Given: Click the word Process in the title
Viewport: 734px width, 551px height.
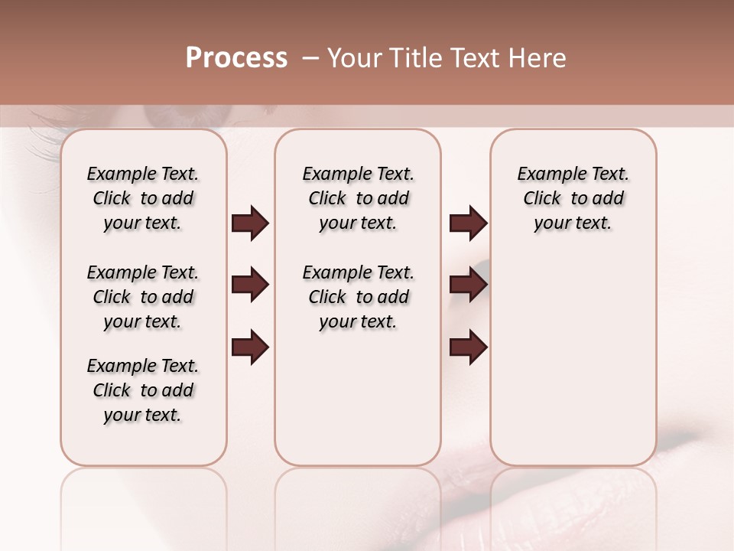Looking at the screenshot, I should (x=236, y=58).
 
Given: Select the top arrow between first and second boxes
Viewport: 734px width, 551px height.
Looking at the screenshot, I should (x=250, y=223).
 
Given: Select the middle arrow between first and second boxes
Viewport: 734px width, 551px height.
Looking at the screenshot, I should (x=250, y=285).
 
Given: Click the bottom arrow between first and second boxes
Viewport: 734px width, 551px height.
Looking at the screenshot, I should (x=250, y=347).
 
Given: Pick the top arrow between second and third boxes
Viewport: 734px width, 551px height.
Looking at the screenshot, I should (x=468, y=223).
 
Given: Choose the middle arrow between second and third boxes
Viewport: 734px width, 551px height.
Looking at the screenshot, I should (x=468, y=285).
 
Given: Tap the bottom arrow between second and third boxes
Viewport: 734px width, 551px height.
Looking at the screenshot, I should (x=468, y=347).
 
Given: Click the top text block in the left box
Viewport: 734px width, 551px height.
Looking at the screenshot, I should (x=143, y=198).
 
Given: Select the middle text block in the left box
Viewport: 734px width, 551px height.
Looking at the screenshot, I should (x=143, y=297).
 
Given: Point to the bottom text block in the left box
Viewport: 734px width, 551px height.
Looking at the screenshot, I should (x=143, y=390).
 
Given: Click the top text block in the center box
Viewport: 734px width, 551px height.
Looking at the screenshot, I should (x=358, y=198).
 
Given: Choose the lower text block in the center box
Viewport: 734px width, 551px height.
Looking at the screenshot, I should (x=358, y=297).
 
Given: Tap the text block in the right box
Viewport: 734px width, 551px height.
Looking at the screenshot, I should (x=573, y=198).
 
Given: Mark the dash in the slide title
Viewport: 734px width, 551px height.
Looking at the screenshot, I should (x=310, y=58).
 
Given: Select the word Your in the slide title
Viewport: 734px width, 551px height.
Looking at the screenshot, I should (x=350, y=58).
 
